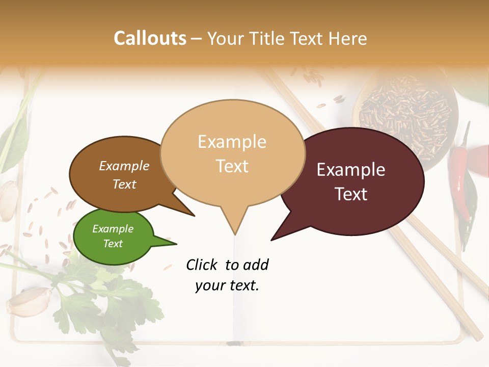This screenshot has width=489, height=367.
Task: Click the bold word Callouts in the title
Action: [x=150, y=38]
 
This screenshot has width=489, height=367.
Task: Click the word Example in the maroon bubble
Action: [x=351, y=170]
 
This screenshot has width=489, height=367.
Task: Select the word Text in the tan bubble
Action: [x=232, y=166]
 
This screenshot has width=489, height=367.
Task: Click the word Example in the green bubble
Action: [x=113, y=229]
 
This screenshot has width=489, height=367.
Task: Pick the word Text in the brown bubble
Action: [x=124, y=184]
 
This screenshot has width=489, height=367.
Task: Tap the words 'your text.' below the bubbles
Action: [x=227, y=285]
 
